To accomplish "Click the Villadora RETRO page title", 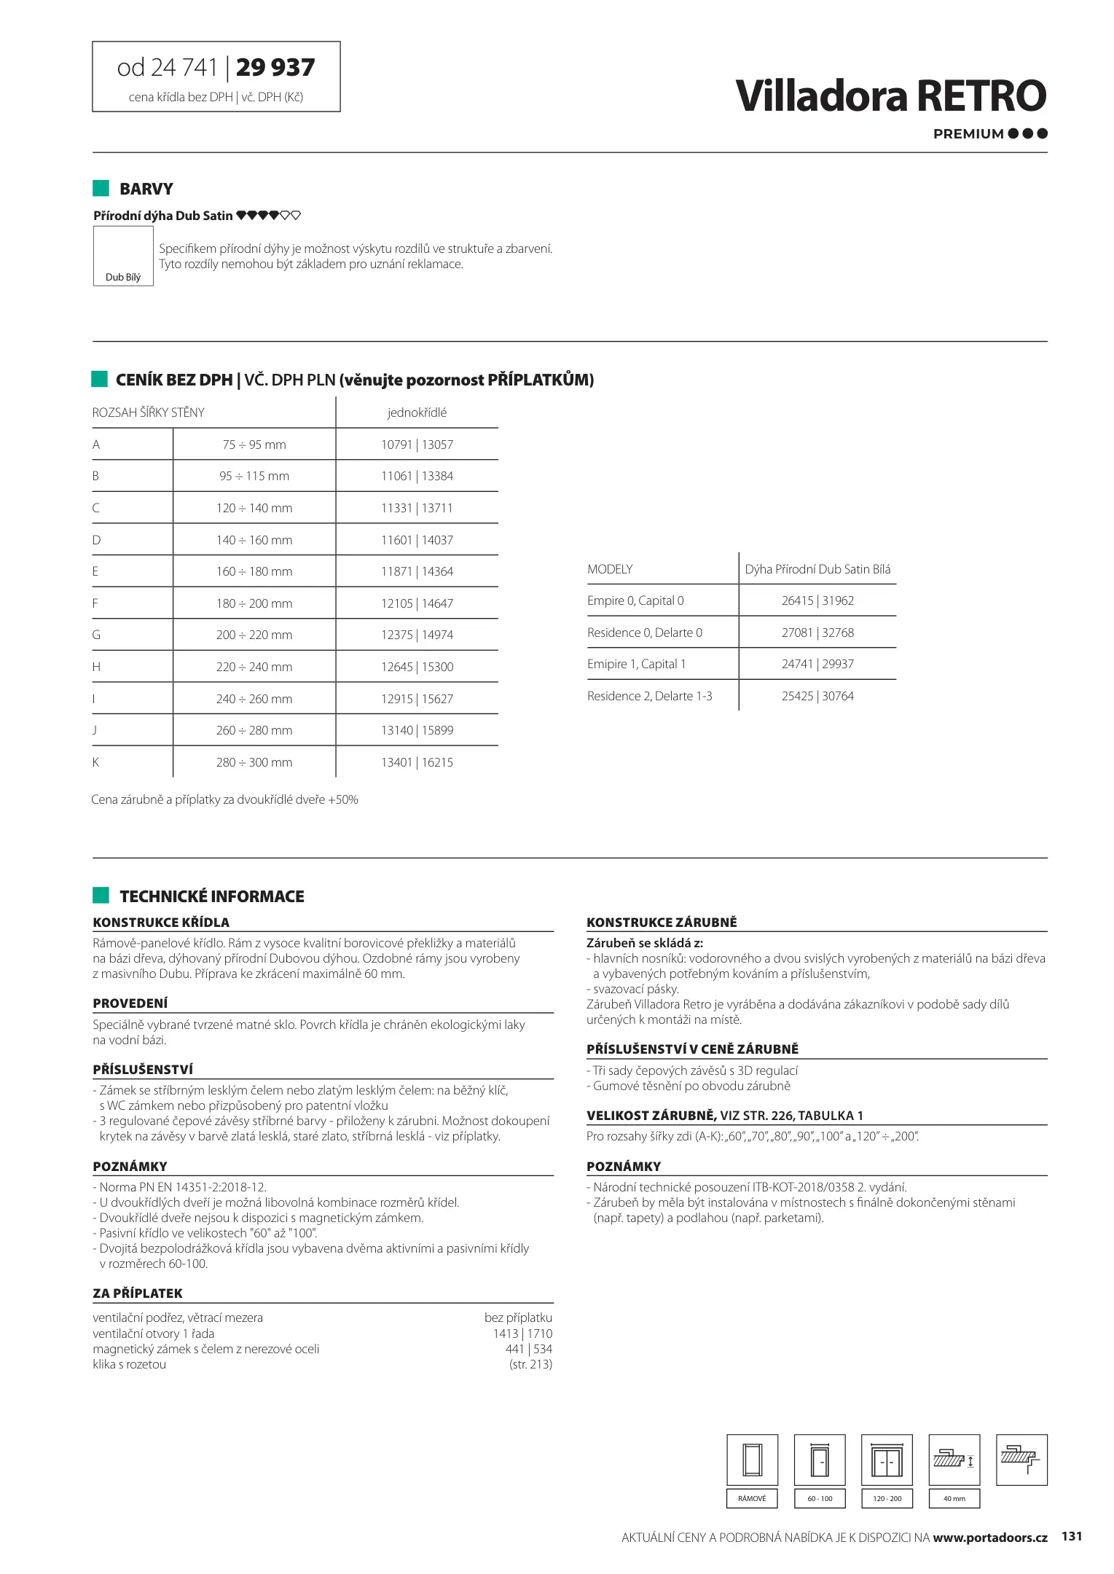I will coord(890,96).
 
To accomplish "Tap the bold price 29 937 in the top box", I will coord(275,68).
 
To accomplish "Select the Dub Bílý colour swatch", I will coord(123,256).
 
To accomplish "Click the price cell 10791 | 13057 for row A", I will coord(417,445).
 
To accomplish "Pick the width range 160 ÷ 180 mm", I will coord(254,572).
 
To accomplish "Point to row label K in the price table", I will coord(95,762).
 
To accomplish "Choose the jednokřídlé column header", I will coord(417,412).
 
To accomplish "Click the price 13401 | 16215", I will coord(417,762).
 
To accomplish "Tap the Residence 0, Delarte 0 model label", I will coord(645,633).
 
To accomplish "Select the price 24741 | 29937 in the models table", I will coord(817,664).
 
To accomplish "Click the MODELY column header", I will coord(610,569).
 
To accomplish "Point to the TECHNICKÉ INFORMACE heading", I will coord(212,896).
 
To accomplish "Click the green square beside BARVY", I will coord(101,188).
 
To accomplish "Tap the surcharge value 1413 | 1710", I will coord(522,1334).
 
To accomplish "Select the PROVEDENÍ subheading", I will coord(130,1003).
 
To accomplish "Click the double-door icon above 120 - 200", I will coord(887,1460).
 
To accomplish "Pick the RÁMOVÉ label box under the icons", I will coord(752,1498).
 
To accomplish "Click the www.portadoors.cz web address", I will coord(989,1537).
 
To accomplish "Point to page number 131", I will coord(1072,1536).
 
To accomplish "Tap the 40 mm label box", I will coord(954,1498).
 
